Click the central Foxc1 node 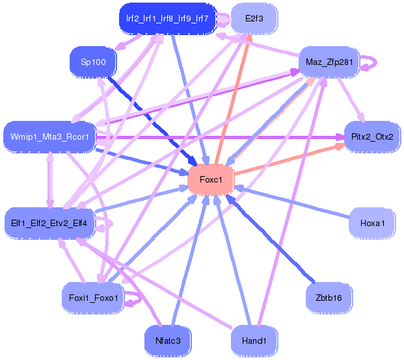(210, 179)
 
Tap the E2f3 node (254, 19)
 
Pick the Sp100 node (92, 62)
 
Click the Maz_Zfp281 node (328, 62)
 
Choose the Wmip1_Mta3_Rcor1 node (50, 137)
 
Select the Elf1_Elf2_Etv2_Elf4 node (50, 224)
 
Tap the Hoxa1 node (373, 223)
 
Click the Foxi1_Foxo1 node (92, 298)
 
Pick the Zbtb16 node (329, 298)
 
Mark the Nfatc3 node (167, 340)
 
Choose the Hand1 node (254, 340)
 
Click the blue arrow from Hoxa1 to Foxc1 (293, 202)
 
